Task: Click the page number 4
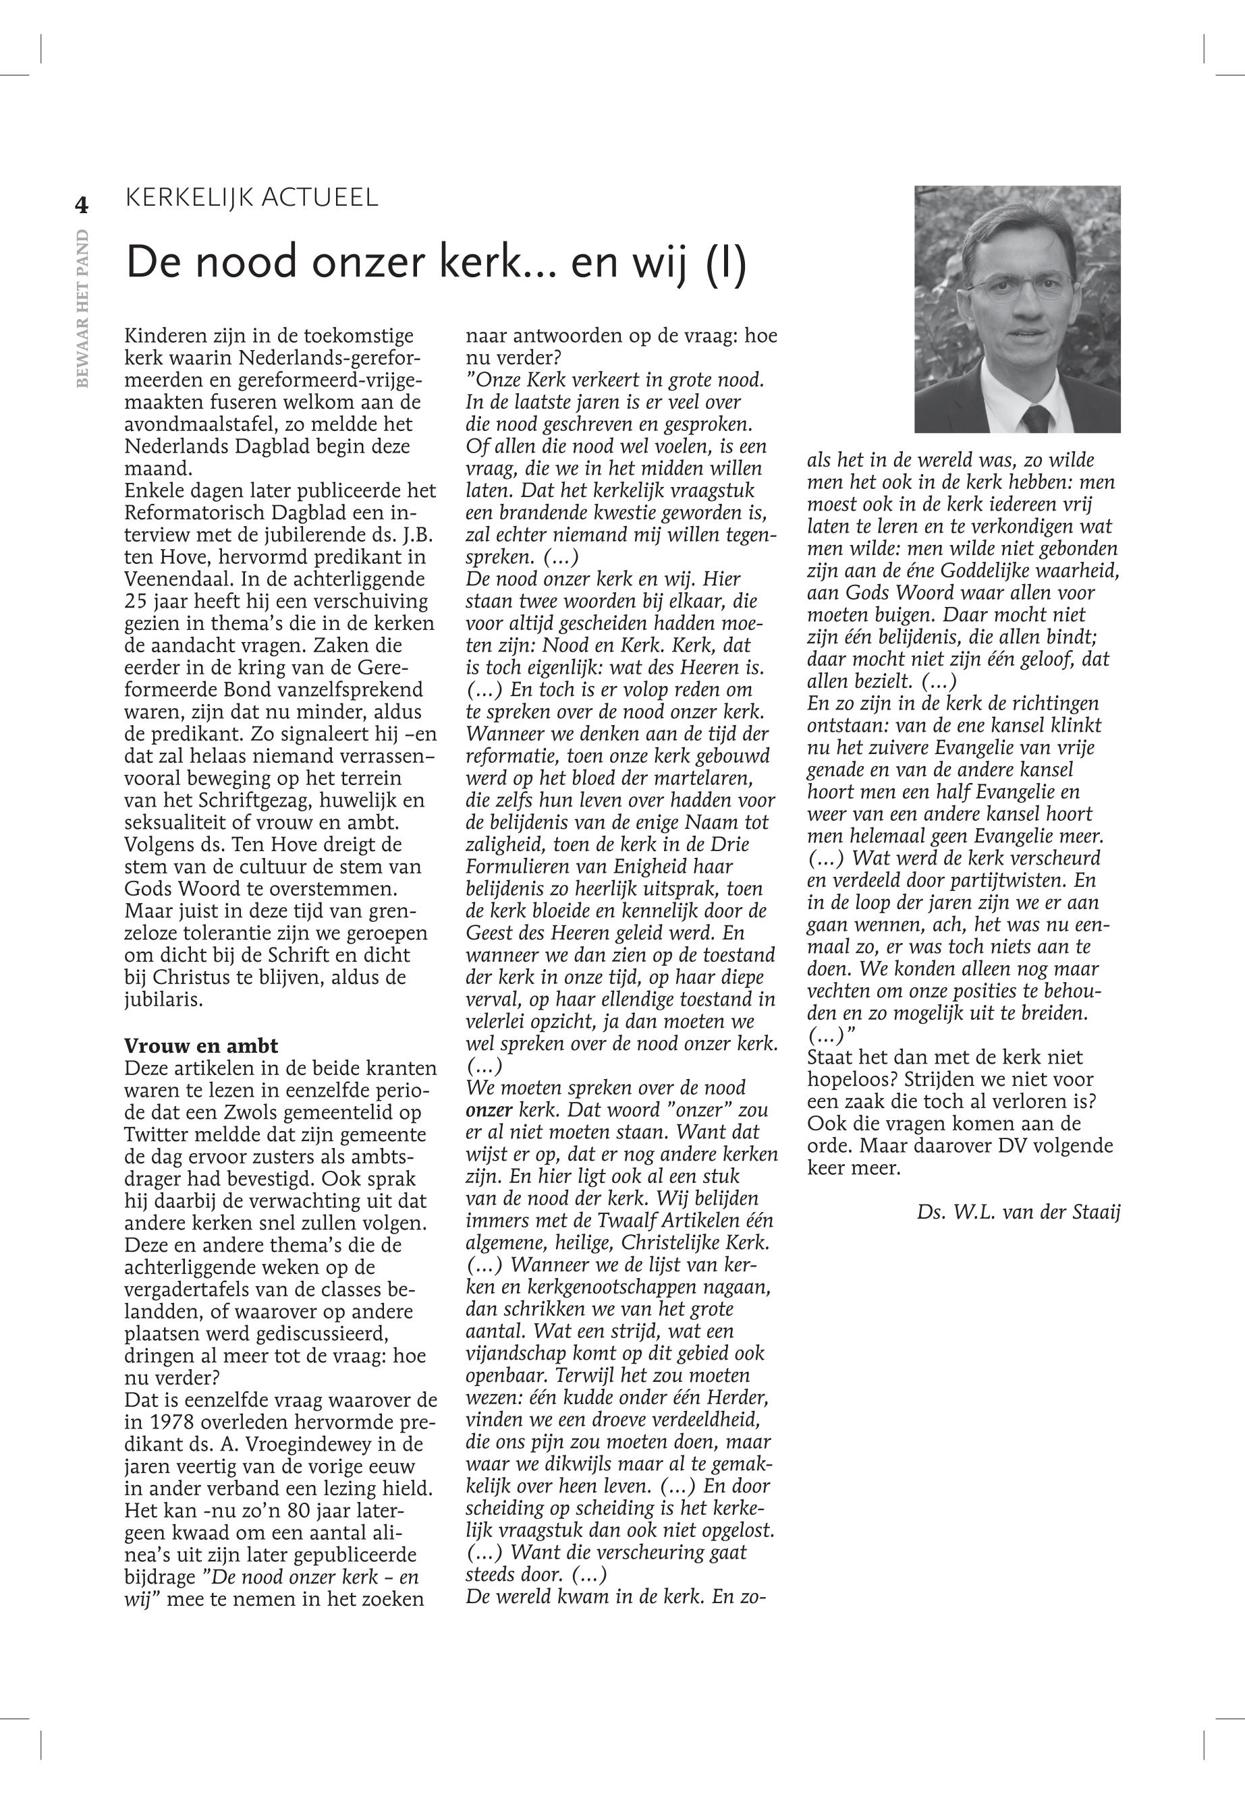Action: [81, 205]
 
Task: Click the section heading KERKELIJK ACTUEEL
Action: [251, 197]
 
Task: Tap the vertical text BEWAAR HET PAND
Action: [83, 308]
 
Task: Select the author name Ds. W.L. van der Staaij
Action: [1019, 1213]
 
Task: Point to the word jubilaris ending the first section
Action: [163, 1000]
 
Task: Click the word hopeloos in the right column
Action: [844, 1080]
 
